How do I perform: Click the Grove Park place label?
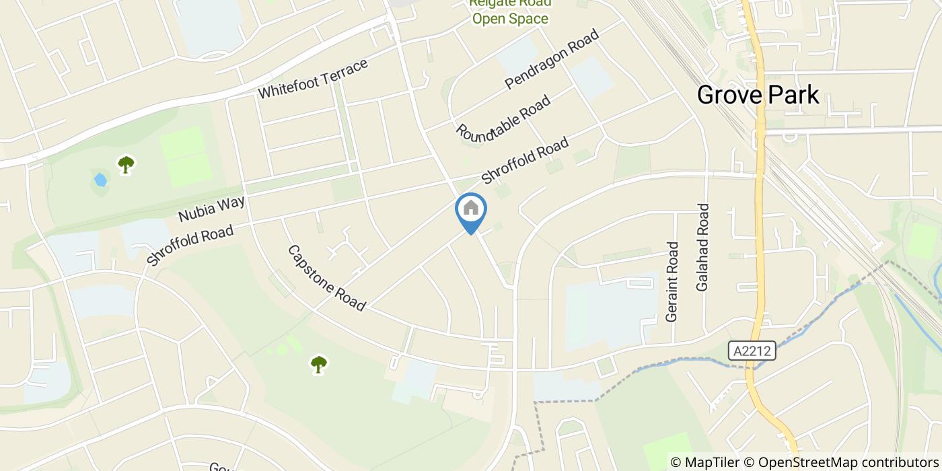758,95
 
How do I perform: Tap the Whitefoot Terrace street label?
313,79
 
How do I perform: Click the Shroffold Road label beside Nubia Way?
190,245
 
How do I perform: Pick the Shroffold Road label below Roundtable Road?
526,160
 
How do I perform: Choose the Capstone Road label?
326,278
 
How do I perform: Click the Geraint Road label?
671,281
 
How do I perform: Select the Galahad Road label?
703,247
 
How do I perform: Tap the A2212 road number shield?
752,351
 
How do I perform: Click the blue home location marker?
471,209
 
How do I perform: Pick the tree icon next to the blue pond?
125,164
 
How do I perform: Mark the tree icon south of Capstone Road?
318,364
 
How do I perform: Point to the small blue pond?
100,180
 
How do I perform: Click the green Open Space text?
509,18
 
